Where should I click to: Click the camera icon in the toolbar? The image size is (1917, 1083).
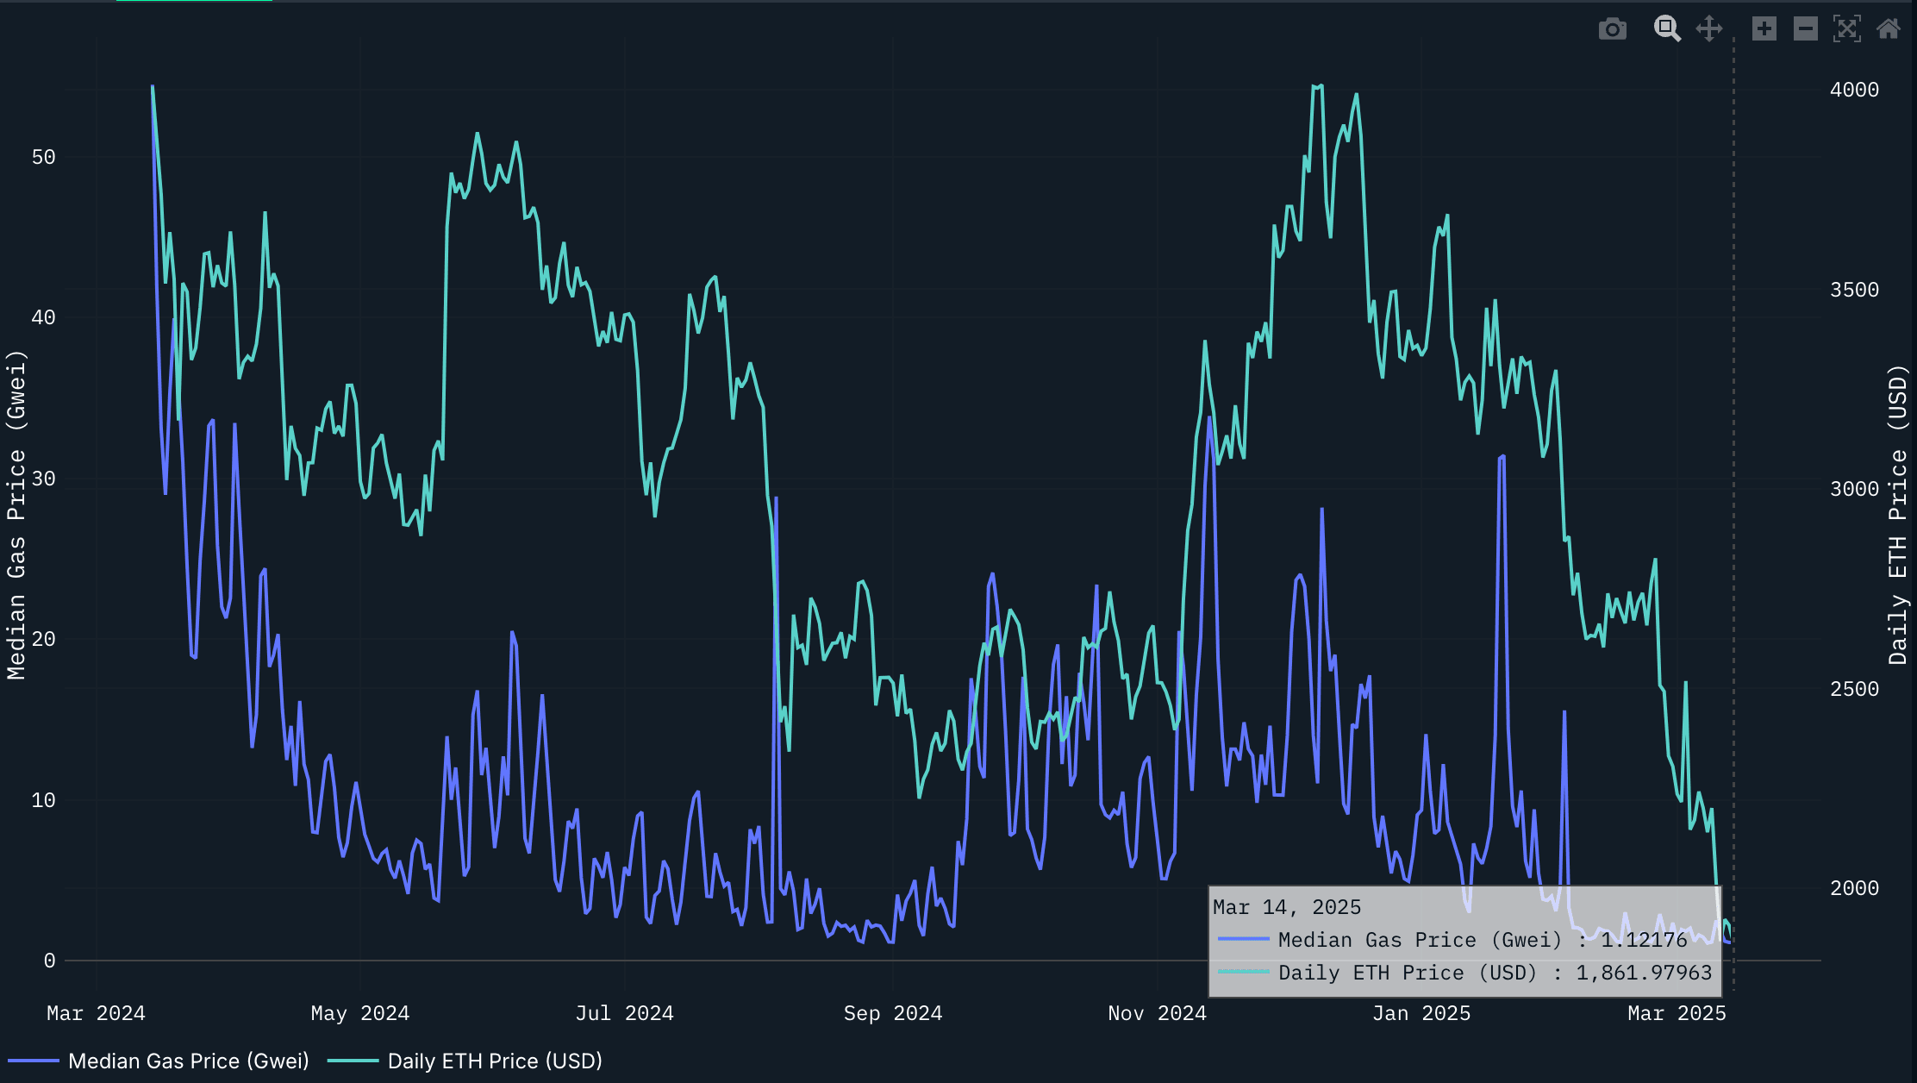[1612, 29]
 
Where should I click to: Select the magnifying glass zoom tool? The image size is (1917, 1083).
[1667, 29]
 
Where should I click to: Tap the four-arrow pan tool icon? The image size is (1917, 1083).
[1709, 29]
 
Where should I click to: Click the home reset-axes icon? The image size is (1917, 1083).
[1889, 29]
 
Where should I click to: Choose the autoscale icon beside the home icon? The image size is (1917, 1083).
[1846, 29]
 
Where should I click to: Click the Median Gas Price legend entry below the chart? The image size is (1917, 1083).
[188, 1061]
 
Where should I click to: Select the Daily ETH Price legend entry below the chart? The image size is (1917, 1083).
[494, 1061]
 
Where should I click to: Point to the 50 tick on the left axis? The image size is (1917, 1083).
[43, 157]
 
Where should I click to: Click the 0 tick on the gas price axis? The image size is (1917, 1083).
[49, 961]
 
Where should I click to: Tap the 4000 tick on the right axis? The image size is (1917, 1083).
[1854, 90]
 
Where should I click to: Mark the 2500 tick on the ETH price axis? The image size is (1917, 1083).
[1854, 689]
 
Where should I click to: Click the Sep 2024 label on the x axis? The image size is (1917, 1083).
[893, 1013]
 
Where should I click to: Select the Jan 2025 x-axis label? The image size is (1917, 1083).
[1421, 1013]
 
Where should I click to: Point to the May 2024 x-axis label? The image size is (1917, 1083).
[360, 1013]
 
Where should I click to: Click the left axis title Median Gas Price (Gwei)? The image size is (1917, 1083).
[16, 515]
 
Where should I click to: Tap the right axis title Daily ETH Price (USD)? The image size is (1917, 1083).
[1897, 515]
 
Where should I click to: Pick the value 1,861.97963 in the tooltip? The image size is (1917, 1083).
[1644, 973]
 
